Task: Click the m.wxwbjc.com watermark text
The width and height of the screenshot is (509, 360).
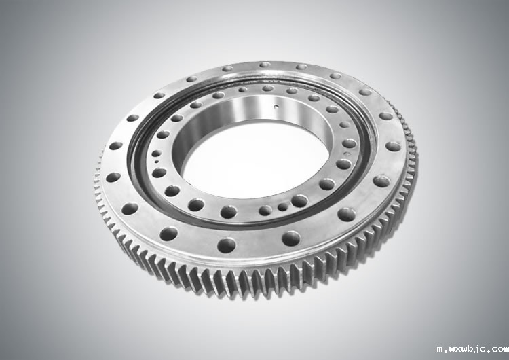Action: [472, 350]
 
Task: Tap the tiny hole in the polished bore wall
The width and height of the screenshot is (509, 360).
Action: [276, 106]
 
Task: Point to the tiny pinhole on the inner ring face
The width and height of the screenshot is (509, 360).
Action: [157, 162]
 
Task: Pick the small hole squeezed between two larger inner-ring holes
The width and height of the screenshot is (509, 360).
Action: [282, 206]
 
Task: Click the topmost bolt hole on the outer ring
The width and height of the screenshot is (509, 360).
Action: [265, 65]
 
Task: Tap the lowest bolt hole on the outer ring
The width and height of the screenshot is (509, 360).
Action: [227, 245]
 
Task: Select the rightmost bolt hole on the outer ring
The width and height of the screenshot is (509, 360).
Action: [393, 146]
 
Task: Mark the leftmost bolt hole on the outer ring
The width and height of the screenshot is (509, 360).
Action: [113, 177]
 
